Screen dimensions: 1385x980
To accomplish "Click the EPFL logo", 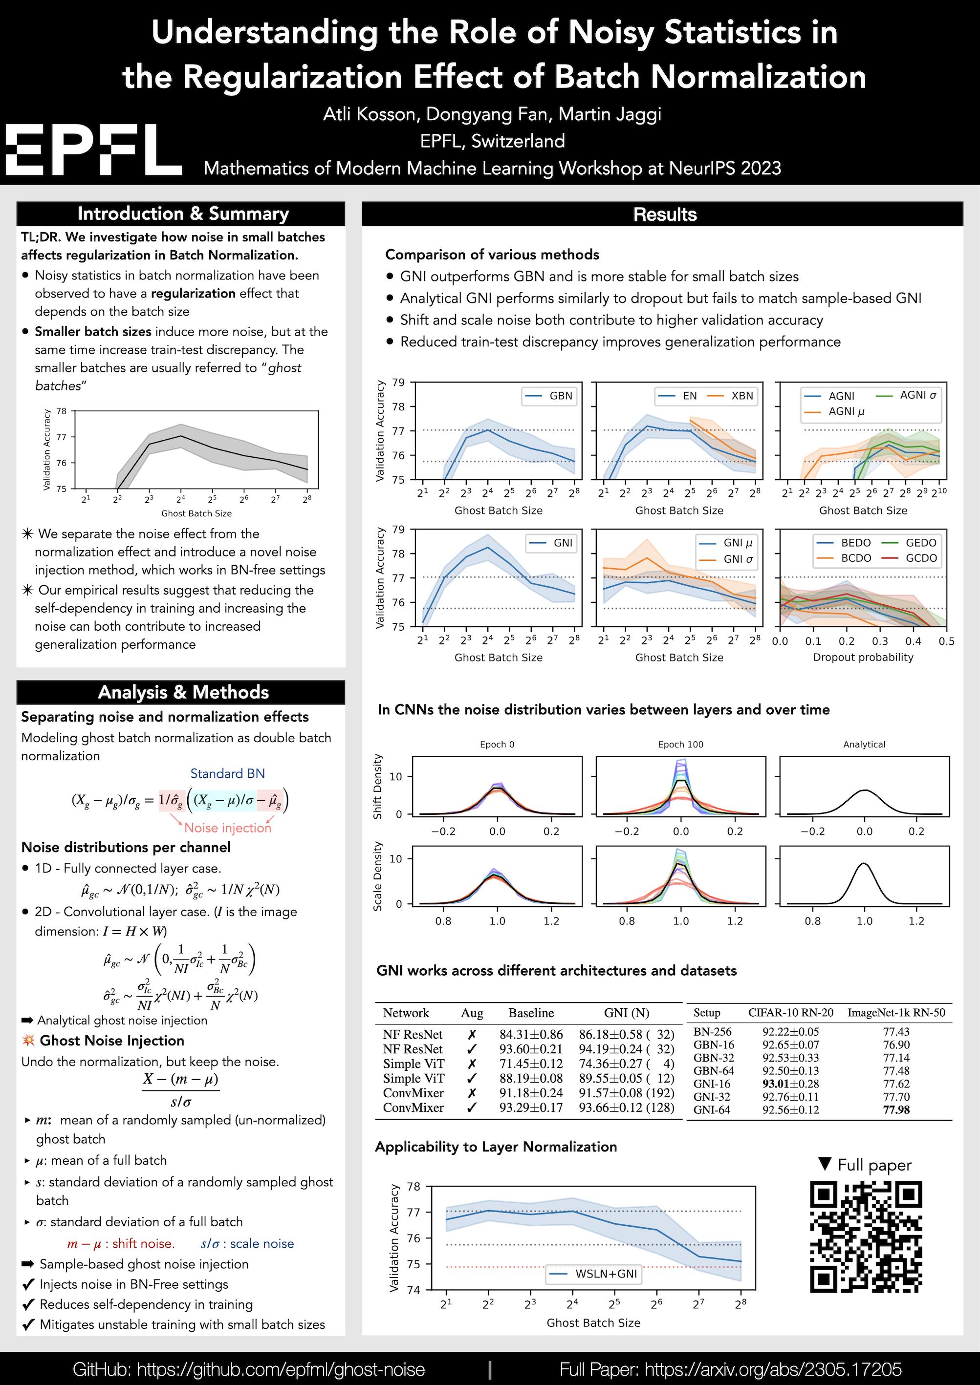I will (x=93, y=149).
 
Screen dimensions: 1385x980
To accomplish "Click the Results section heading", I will (x=664, y=214).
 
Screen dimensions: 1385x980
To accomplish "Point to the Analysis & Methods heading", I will (x=183, y=692).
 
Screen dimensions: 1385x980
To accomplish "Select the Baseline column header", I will (x=530, y=1013).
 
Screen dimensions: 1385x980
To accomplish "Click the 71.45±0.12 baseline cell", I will (x=530, y=1064).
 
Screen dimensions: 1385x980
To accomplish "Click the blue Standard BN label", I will (x=227, y=773).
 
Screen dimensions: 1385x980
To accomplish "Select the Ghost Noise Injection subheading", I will (x=111, y=1041).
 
